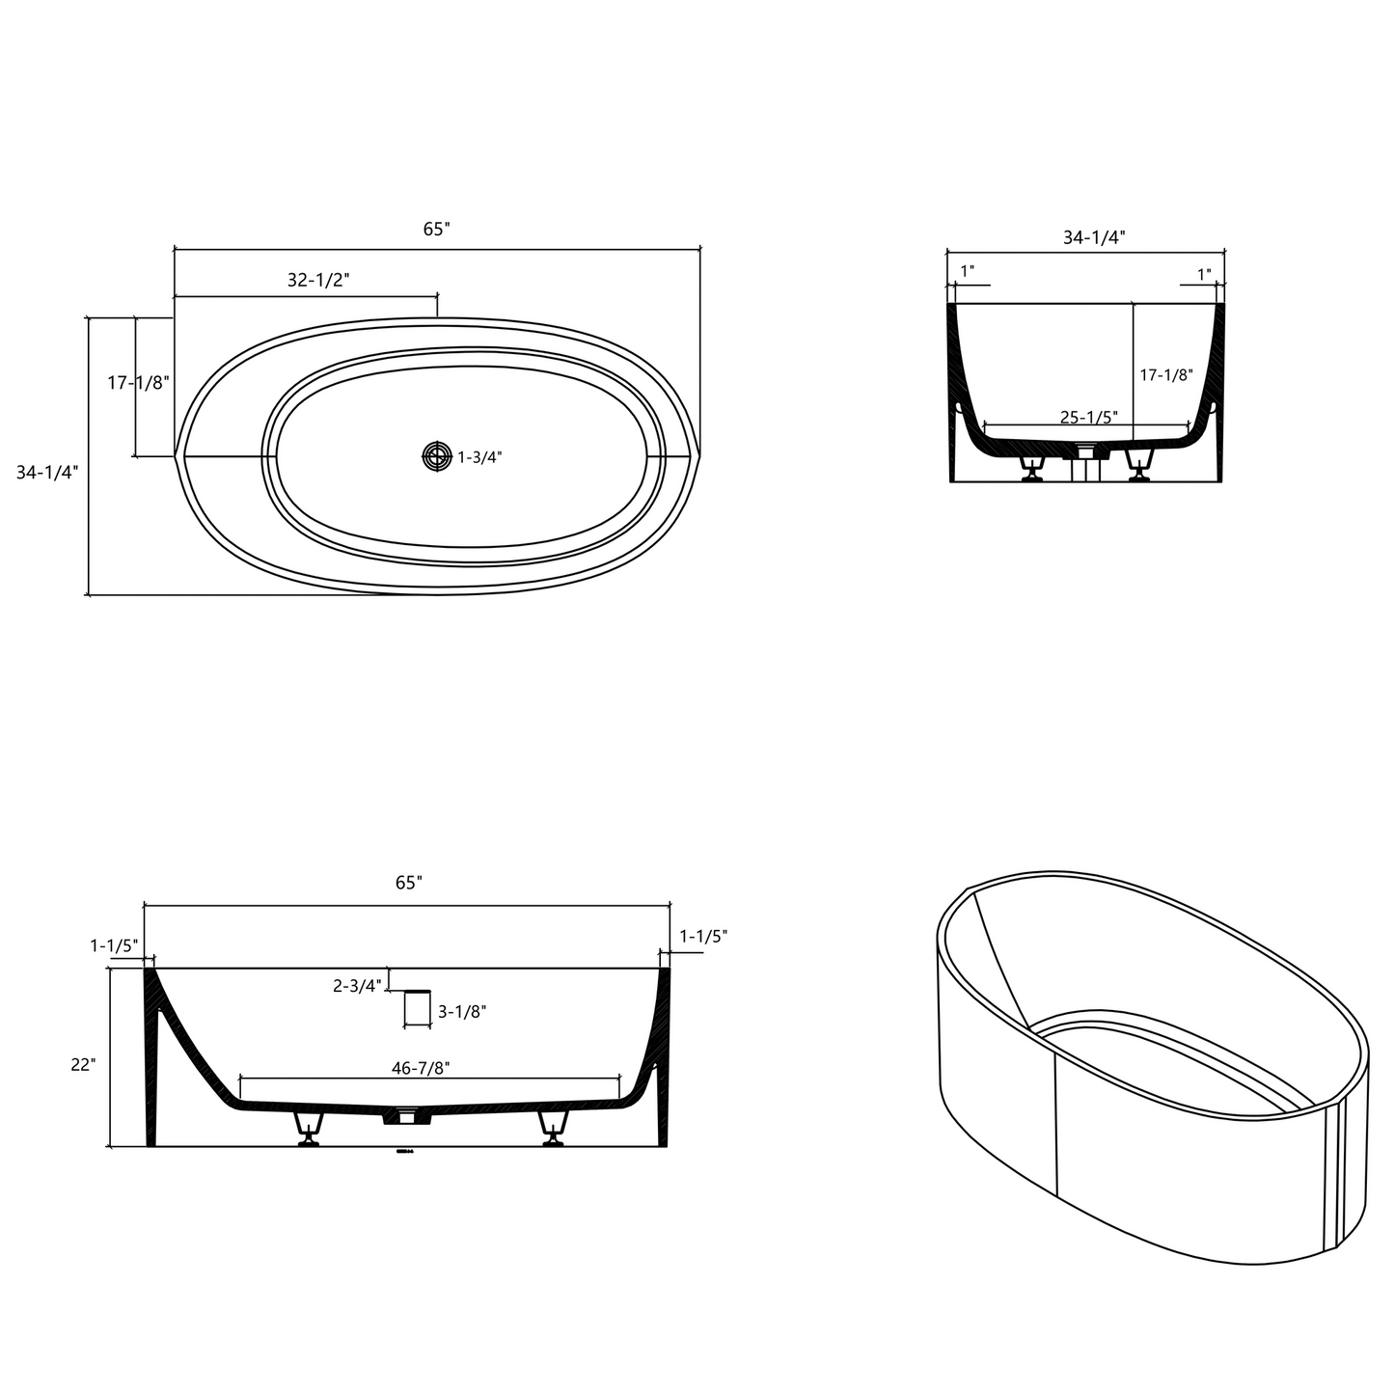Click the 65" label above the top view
[436, 230]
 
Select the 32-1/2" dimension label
[318, 281]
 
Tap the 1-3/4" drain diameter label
[479, 457]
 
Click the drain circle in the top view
[437, 456]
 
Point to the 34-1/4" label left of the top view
[47, 472]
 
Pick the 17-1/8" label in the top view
[138, 383]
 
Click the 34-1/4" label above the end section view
[1094, 237]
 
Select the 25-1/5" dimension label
[1088, 418]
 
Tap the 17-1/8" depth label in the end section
[1166, 375]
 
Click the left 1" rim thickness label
[967, 272]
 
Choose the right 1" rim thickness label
[1204, 275]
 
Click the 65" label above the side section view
[408, 883]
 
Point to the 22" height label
[83, 1065]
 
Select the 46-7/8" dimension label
[421, 1069]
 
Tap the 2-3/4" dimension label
[357, 986]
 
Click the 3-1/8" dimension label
[462, 1012]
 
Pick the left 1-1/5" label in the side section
[115, 945]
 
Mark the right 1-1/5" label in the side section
[703, 936]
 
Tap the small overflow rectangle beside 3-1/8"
[418, 1007]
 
